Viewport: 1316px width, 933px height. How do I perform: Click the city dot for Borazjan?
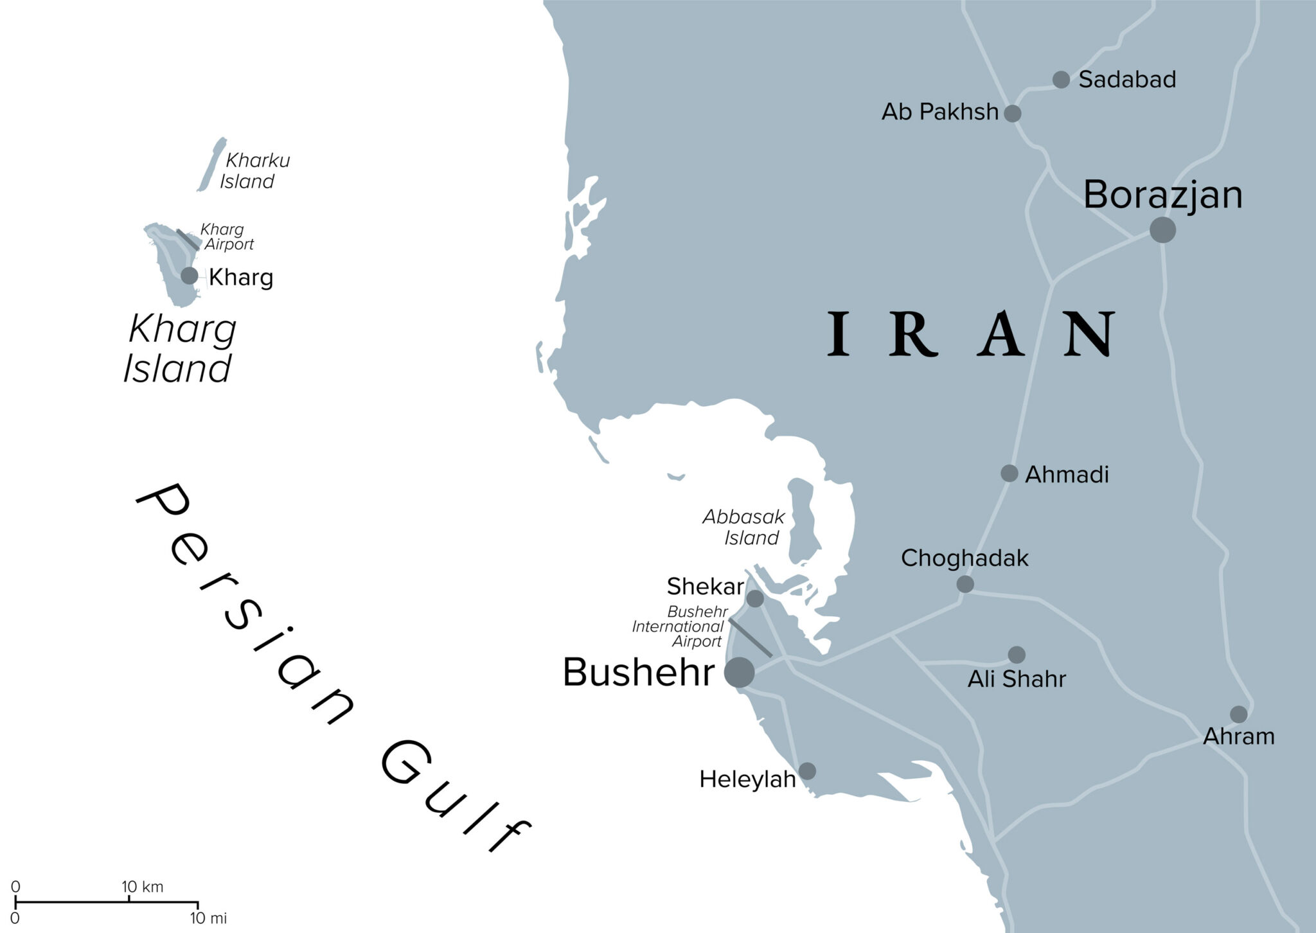point(1162,229)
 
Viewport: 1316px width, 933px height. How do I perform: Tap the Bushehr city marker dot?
point(739,672)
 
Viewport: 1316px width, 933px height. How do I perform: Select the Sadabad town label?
point(1127,80)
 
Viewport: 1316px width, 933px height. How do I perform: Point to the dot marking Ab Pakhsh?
point(1012,114)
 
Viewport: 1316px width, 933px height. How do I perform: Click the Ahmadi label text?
point(1067,475)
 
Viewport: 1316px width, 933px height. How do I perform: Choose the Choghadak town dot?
point(965,584)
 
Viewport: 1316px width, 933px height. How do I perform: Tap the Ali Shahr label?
point(1017,679)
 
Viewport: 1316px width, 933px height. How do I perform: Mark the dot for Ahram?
point(1238,714)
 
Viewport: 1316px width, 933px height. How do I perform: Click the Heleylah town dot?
point(807,771)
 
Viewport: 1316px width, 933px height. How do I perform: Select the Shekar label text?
point(705,586)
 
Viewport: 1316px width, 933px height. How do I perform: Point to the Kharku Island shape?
point(212,164)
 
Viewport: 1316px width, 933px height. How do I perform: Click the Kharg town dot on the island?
point(189,276)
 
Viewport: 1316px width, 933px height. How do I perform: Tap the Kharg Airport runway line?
point(188,240)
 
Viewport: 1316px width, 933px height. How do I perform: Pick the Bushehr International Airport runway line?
point(751,637)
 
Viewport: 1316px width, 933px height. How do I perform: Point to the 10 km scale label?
point(142,887)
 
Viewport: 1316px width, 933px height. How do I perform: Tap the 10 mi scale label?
point(208,918)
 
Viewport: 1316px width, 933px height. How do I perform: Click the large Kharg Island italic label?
point(180,349)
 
